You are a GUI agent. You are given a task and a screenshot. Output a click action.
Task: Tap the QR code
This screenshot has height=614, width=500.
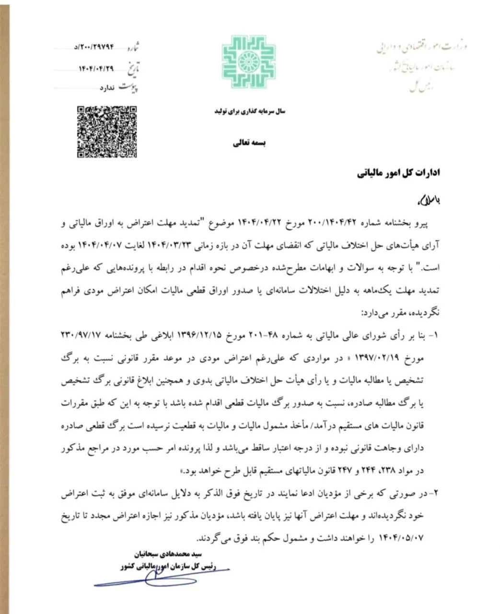[107, 131]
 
